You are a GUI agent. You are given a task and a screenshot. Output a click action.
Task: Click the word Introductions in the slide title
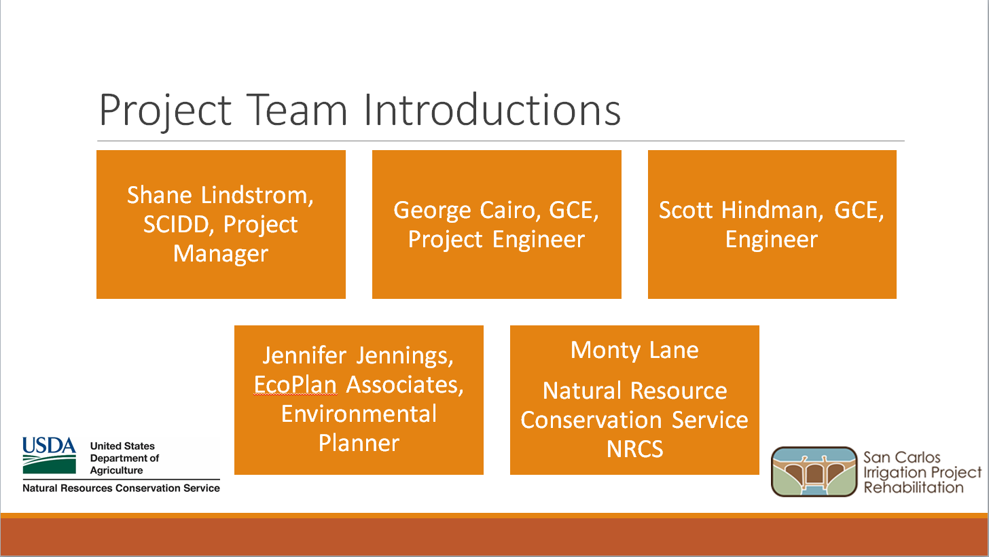492,109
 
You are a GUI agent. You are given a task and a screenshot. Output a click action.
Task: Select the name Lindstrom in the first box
257,195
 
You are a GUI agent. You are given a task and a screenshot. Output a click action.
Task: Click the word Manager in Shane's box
221,253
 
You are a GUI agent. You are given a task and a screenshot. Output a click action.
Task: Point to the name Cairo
510,210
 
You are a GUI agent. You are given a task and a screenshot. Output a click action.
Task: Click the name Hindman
772,210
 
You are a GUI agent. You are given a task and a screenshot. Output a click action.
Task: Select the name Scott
685,210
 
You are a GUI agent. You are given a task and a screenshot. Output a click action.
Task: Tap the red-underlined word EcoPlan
295,384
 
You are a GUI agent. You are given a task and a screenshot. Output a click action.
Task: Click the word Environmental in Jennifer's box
359,414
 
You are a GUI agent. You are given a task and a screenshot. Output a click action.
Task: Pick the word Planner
359,443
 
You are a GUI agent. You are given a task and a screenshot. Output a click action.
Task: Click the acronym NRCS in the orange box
634,449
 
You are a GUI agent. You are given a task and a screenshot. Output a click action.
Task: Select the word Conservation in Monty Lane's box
591,420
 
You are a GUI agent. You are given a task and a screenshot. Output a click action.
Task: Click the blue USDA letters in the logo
49,446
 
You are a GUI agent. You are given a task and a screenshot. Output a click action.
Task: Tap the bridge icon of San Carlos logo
814,471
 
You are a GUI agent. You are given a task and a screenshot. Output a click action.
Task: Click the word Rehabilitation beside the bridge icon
913,487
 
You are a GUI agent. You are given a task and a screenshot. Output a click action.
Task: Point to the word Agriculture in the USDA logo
117,471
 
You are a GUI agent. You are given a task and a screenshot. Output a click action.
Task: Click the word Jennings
405,356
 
